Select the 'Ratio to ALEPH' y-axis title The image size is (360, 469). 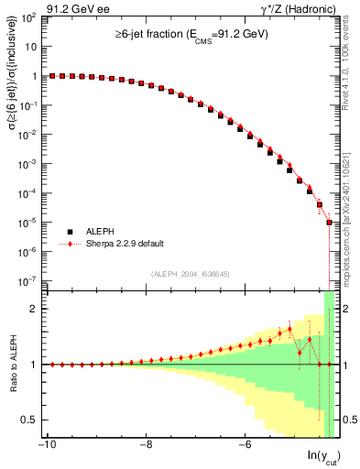tap(14, 365)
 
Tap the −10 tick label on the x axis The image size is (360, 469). tap(48, 447)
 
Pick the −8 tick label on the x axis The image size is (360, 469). tap(146, 447)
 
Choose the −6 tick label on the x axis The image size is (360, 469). tap(244, 447)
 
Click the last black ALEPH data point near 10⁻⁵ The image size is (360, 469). tap(330, 222)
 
